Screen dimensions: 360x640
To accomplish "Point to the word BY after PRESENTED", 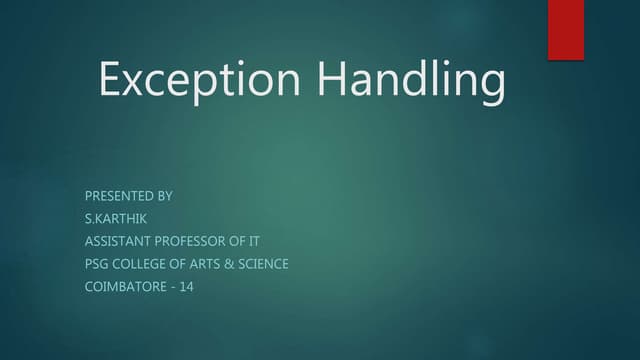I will click(x=164, y=196).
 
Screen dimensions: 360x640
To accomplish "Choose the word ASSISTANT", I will click(x=117, y=241).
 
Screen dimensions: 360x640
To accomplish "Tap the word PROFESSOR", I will click(x=194, y=241).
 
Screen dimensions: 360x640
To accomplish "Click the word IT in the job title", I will click(x=266, y=241).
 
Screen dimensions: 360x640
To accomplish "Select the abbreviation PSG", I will click(x=98, y=264).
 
